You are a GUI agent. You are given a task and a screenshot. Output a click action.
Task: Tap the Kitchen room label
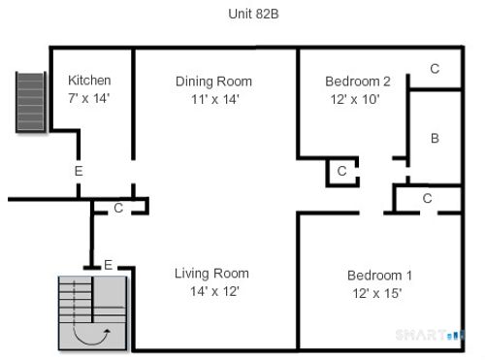(x=89, y=81)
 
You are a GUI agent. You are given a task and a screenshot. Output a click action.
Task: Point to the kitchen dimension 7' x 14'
(x=89, y=98)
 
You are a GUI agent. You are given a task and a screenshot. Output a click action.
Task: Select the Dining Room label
(x=213, y=81)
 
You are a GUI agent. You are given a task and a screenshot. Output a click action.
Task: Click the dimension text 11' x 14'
(x=213, y=98)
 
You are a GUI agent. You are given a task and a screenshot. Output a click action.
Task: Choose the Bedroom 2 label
(x=357, y=81)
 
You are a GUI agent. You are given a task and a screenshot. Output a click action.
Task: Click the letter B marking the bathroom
(x=435, y=139)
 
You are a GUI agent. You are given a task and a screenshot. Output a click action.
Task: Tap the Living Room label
(x=211, y=273)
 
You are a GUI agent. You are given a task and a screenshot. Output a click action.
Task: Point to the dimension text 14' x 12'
(x=211, y=290)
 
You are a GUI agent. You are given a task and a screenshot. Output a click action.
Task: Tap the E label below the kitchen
(x=79, y=171)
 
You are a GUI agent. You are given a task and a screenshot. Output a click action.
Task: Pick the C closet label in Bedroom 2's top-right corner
(x=435, y=69)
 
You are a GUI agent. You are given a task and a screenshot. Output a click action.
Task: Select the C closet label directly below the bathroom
(x=427, y=198)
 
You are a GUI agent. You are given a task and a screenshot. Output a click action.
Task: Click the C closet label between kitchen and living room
(x=117, y=207)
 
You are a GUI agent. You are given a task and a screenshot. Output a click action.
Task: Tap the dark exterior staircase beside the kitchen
(x=31, y=102)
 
